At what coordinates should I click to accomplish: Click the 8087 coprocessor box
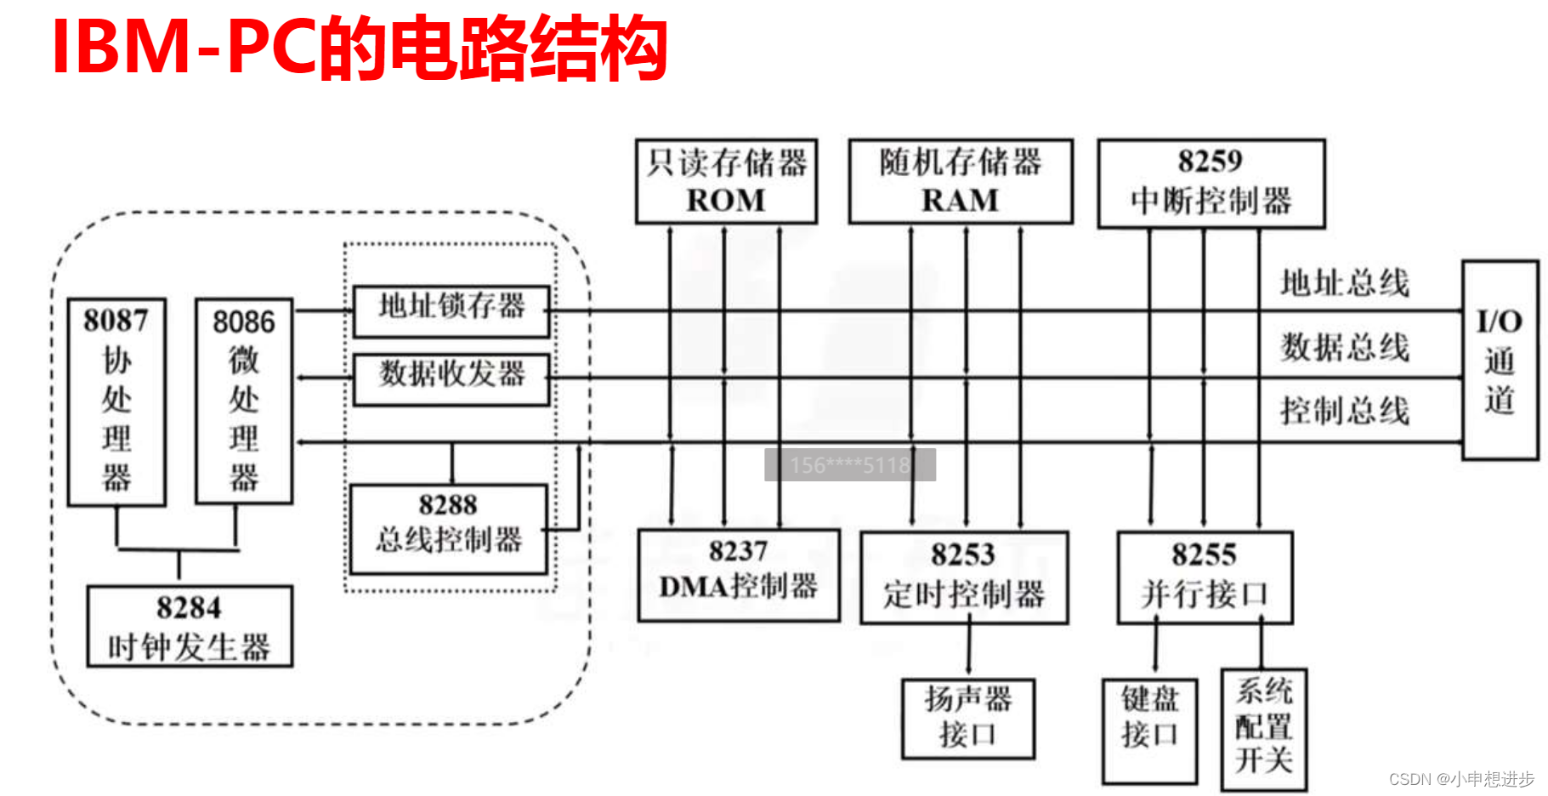[116, 401]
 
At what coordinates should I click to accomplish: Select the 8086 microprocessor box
[244, 401]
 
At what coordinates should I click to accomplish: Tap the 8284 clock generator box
[190, 627]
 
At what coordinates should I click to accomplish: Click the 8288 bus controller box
[449, 529]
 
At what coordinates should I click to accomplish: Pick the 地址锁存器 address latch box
[451, 310]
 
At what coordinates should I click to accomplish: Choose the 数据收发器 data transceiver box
[451, 378]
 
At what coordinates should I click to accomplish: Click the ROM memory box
[726, 182]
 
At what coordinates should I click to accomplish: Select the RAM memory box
[961, 182]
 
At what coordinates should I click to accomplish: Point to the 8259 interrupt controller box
[1211, 184]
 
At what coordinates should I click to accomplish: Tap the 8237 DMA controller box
[739, 575]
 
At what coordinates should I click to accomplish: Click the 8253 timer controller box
[964, 577]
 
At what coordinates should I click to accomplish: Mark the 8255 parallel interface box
[1205, 577]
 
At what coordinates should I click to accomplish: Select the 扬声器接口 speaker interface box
[968, 718]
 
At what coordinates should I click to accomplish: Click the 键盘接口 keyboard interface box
[1149, 731]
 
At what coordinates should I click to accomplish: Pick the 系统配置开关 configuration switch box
[1264, 730]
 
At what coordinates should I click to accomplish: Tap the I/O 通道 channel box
[1500, 361]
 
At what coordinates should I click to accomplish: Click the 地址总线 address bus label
[1345, 283]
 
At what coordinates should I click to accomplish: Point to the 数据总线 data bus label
[1345, 347]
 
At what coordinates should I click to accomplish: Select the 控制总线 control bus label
[1345, 411]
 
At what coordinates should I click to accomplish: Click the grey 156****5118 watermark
[850, 465]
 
